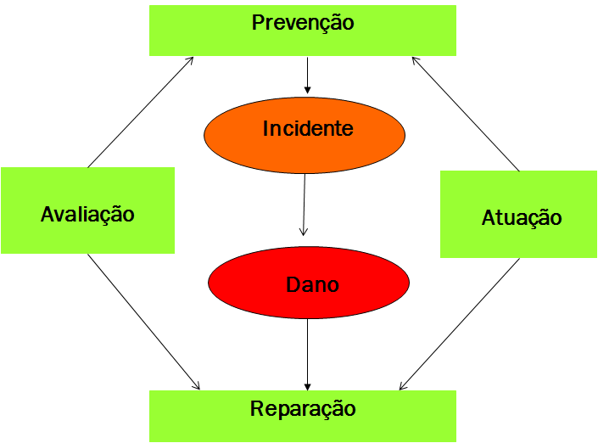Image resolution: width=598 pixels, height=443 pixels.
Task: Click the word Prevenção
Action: coord(303,23)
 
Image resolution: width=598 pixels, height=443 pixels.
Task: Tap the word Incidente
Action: coord(308,128)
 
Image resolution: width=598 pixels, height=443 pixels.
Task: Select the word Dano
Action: coord(312,284)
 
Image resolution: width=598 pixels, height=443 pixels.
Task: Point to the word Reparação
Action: coord(303,409)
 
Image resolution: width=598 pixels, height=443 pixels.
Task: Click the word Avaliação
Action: coord(87,215)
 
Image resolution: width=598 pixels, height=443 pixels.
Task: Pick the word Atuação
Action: coord(522,218)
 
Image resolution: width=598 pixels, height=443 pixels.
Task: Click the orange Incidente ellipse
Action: coord(305,135)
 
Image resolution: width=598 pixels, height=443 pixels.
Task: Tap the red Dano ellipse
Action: coord(309,283)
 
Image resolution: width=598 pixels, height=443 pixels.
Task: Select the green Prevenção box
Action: coord(303,31)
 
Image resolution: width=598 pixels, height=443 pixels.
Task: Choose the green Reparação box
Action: coord(303,416)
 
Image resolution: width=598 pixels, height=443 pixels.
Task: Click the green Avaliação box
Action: coord(87,210)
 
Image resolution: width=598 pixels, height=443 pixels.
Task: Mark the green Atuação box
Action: coord(518,214)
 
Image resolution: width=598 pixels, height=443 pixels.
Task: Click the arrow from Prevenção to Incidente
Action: coord(307,76)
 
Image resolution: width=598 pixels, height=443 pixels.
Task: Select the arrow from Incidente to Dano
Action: coord(304,205)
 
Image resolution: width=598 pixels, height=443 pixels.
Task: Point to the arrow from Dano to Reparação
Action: coord(307,355)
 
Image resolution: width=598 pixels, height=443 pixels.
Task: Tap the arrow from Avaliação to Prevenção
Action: coord(140,112)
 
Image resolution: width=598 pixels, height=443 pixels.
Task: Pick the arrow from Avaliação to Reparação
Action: coord(144,322)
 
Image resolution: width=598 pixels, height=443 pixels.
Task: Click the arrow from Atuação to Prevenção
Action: coord(466,114)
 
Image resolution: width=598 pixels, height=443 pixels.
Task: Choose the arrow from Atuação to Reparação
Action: coord(460,324)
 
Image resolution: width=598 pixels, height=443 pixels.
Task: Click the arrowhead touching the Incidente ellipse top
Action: coord(307,91)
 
